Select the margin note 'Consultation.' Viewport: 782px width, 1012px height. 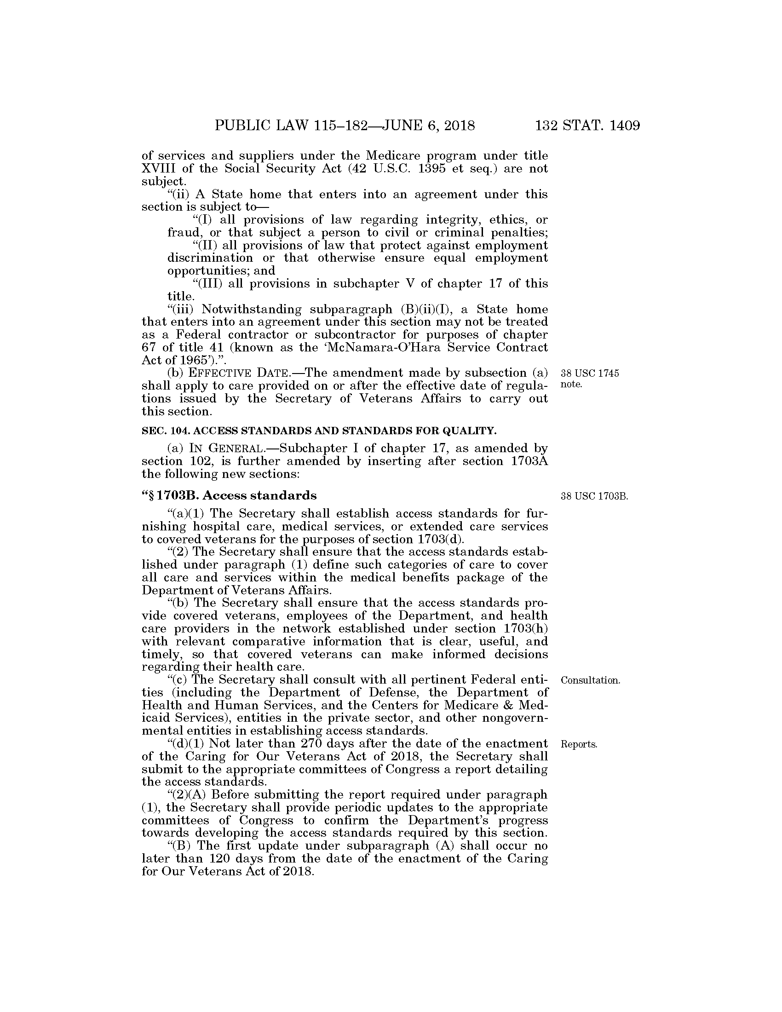(590, 680)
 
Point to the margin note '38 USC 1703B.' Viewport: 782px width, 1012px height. (594, 496)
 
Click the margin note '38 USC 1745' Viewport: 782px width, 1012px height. (590, 374)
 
